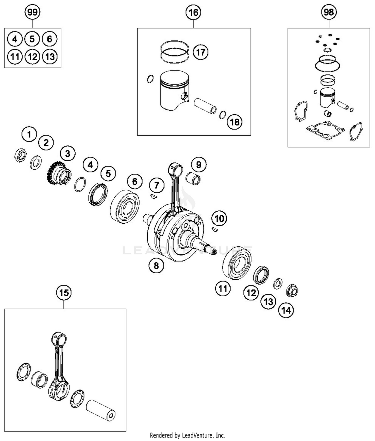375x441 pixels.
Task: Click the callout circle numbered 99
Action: pyautogui.click(x=32, y=12)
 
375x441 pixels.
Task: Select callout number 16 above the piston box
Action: pyautogui.click(x=193, y=12)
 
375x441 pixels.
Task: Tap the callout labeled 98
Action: pyautogui.click(x=329, y=12)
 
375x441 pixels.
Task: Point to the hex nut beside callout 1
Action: pyautogui.click(x=20, y=155)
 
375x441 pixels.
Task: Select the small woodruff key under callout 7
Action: pyautogui.click(x=153, y=196)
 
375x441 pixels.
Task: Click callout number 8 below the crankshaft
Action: pyautogui.click(x=156, y=265)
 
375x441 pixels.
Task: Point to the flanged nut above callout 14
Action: pyautogui.click(x=292, y=291)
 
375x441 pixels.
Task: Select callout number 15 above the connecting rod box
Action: pyautogui.click(x=64, y=292)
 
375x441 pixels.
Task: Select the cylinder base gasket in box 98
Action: pyautogui.click(x=325, y=130)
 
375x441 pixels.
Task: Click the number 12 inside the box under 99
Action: pyautogui.click(x=32, y=57)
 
